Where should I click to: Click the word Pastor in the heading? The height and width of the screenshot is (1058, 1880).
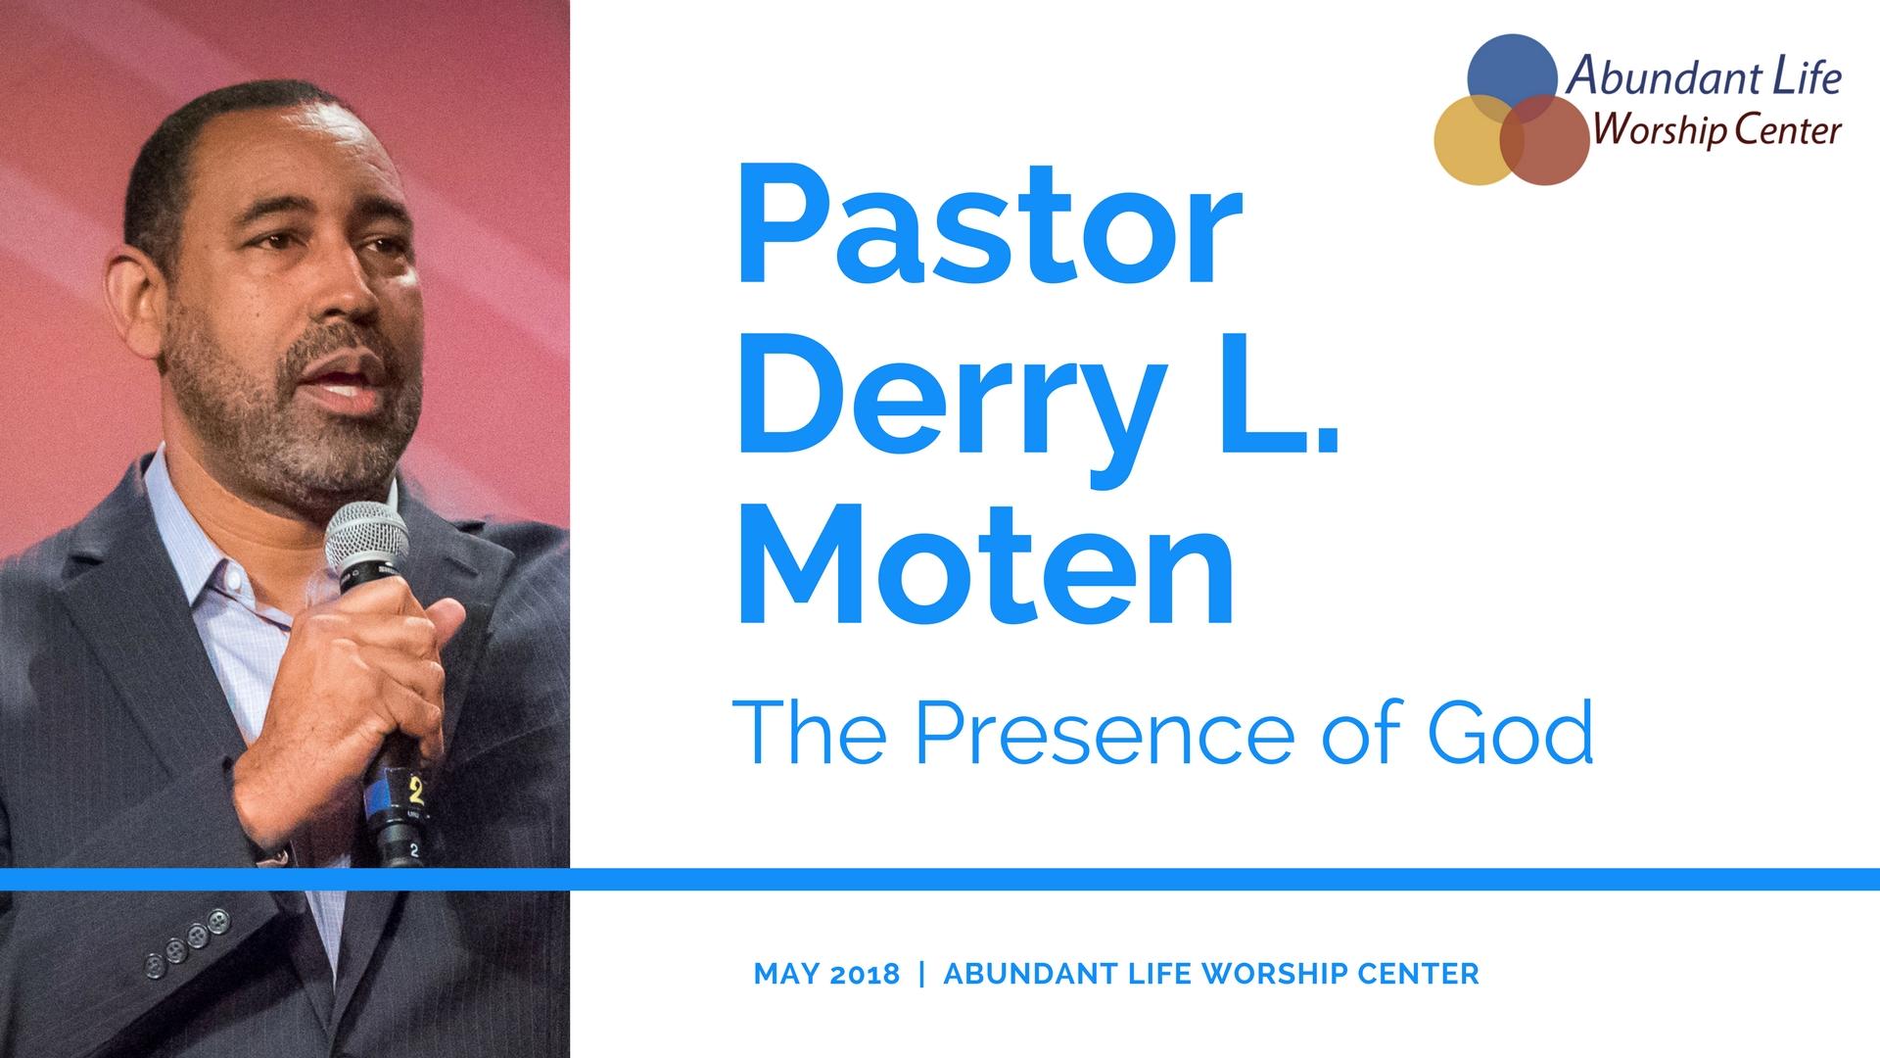(990, 224)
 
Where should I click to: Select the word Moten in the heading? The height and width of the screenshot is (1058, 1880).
(986, 565)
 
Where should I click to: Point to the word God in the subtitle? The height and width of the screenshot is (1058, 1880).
(1510, 733)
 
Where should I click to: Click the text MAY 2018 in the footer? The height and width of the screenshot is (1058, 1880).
(826, 974)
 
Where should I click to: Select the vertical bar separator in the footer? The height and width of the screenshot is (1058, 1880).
(921, 974)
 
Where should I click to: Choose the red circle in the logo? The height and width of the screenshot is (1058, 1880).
(1544, 140)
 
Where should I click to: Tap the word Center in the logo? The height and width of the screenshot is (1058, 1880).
(1788, 130)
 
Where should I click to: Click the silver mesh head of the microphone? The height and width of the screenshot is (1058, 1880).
(366, 537)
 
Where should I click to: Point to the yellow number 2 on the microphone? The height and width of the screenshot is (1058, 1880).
(416, 790)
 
